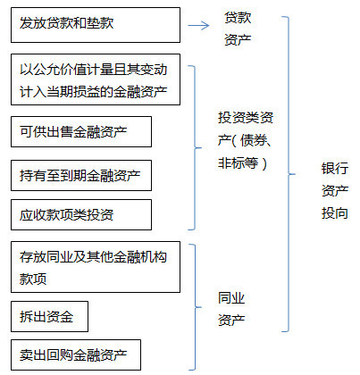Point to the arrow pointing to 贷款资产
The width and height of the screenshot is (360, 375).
198,25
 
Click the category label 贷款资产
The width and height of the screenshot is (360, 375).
238,29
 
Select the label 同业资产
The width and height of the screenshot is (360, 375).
231,309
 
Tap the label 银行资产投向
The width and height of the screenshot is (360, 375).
335,191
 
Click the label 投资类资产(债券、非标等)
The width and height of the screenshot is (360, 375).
246,140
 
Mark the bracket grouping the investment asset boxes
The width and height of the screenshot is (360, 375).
196,147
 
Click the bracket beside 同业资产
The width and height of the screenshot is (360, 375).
196,307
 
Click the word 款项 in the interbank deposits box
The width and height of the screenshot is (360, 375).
33,279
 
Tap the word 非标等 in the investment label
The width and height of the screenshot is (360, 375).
238,163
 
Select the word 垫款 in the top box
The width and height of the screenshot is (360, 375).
100,23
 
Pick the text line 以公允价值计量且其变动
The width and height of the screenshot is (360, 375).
94,70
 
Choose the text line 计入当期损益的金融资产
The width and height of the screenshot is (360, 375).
94,91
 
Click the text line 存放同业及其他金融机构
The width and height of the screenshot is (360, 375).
93,256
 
